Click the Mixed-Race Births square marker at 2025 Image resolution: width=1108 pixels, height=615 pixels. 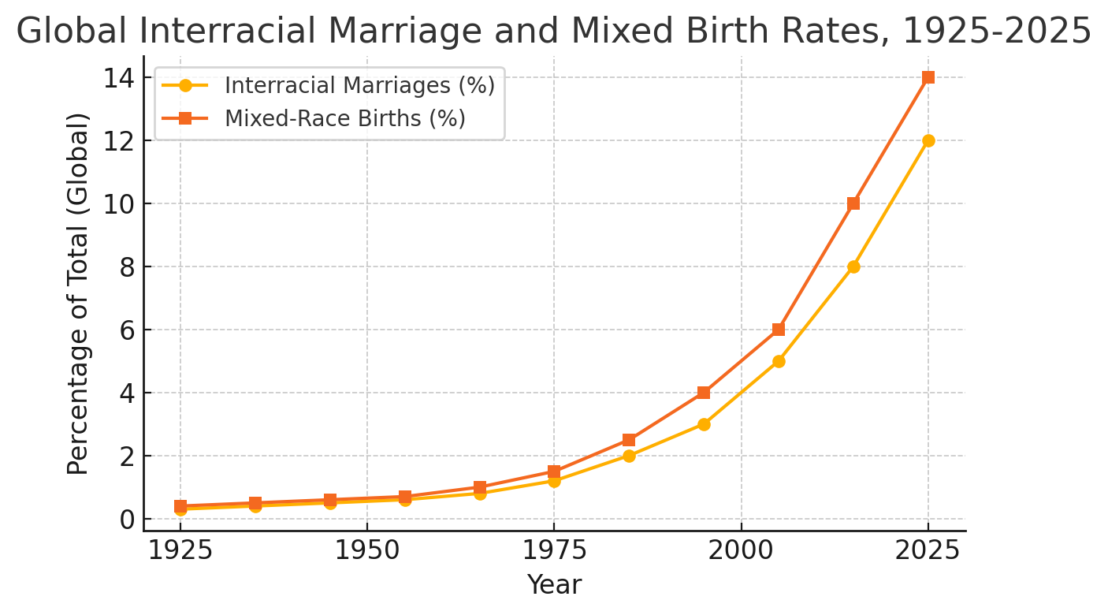(928, 77)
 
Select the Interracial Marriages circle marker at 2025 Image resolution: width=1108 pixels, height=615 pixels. (928, 140)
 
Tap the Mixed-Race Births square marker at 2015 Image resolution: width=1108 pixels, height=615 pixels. (853, 203)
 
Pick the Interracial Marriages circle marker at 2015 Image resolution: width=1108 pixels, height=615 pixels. (853, 266)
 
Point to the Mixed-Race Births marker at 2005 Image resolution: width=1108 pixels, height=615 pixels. (779, 330)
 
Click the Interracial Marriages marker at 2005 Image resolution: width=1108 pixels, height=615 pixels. (779, 361)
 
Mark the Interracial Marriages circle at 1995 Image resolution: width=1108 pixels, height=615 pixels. (704, 424)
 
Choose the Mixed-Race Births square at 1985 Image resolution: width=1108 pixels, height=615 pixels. (629, 440)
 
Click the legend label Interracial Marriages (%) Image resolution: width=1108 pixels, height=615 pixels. (359, 85)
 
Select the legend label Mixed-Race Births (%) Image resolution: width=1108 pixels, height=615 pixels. (345, 118)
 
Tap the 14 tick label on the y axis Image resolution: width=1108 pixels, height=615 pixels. (117, 78)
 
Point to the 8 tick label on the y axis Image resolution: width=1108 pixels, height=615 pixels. (125, 267)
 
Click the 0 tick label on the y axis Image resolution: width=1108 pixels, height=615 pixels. (125, 520)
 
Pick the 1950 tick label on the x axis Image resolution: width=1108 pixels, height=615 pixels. (367, 550)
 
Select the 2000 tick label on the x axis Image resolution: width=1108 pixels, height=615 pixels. (741, 550)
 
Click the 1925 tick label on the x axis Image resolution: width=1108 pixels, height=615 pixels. (180, 550)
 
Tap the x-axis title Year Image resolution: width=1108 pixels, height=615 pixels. (554, 585)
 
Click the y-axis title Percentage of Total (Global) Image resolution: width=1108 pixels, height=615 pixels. (78, 293)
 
